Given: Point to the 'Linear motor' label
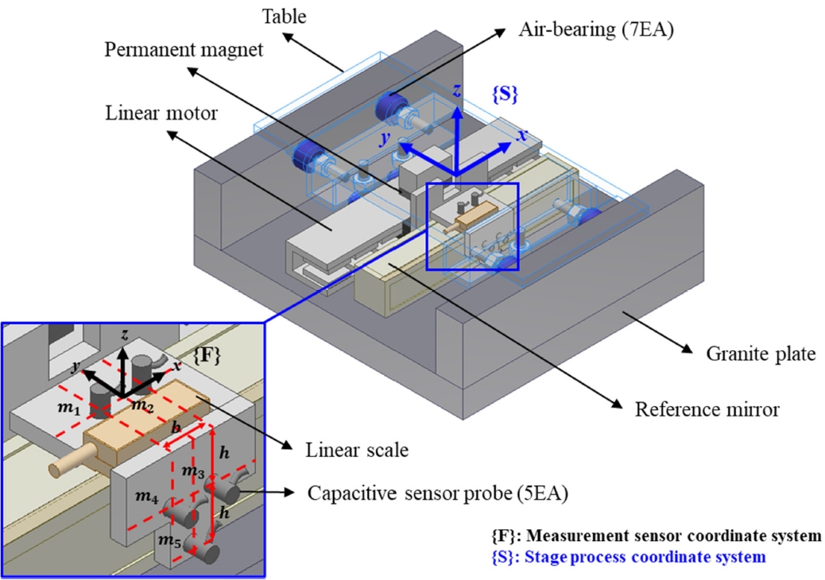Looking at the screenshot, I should (x=161, y=114).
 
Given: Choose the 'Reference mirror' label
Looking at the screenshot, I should (x=707, y=410).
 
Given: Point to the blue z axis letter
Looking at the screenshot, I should (x=456, y=91).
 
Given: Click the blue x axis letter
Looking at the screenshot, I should (x=522, y=136).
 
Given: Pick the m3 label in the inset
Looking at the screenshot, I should (x=192, y=472).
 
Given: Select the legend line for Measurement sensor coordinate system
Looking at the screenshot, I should (x=657, y=536).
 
